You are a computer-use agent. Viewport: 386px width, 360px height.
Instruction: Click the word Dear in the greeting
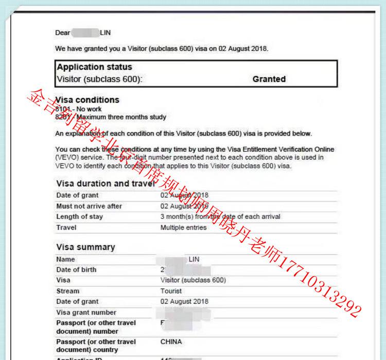(62, 33)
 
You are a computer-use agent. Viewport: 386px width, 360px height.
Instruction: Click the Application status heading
(94, 67)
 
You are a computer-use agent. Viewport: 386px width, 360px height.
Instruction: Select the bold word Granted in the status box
(269, 79)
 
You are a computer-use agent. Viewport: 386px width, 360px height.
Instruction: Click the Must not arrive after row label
(89, 206)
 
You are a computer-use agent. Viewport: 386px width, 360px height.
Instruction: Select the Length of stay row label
(79, 217)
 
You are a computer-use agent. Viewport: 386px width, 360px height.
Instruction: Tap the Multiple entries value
(183, 228)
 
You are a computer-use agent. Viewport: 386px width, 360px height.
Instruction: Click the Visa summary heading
(85, 247)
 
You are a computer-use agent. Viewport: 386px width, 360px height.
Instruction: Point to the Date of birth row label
(76, 270)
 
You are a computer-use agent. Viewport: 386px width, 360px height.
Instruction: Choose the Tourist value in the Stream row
(171, 291)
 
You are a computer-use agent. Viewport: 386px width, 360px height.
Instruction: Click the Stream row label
(68, 291)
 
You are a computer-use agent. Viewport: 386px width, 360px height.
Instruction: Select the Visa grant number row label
(86, 313)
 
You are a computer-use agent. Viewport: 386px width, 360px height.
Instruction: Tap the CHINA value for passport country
(171, 342)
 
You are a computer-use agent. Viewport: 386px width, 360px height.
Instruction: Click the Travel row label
(66, 228)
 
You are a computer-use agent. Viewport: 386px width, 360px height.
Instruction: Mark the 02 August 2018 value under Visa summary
(184, 302)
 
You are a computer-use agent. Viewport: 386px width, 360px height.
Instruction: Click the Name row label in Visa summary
(65, 260)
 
